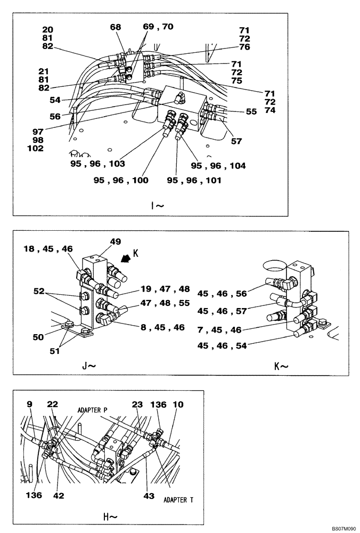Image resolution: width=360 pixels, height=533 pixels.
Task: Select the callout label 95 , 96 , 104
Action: pos(218,166)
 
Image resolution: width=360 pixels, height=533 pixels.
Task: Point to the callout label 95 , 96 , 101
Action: pos(194,180)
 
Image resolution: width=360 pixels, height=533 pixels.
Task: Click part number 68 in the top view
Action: pos(116,27)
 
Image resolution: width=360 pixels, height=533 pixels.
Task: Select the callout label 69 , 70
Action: pos(158,26)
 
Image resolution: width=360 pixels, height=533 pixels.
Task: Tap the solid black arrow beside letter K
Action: pos(127,260)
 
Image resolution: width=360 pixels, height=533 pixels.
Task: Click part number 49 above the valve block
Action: pos(114,241)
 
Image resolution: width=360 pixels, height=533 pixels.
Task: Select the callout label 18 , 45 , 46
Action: pos(49,248)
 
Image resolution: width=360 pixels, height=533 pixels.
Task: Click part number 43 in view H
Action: pos(149,496)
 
